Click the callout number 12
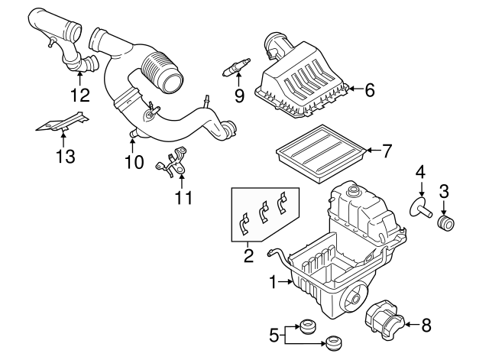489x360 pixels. (x=79, y=96)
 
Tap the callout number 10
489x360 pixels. (x=134, y=161)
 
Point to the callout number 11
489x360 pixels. (x=182, y=198)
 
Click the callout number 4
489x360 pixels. (x=420, y=174)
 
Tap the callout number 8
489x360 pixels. (x=425, y=326)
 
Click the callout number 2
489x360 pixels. (x=248, y=256)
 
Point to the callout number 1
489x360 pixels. (x=273, y=283)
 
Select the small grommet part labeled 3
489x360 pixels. (x=445, y=222)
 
